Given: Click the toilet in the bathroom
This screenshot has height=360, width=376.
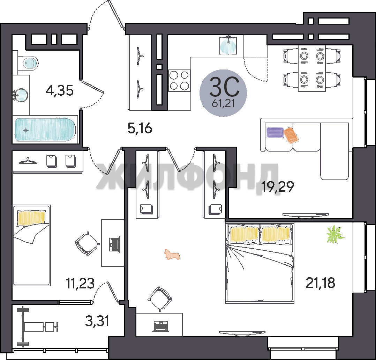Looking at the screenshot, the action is tap(28, 63).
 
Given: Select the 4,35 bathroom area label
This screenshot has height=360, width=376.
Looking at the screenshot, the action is tap(59, 91).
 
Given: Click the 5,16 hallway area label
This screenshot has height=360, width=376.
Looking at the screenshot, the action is tap(140, 128).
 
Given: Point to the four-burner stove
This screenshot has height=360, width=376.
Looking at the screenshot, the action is tap(179, 80).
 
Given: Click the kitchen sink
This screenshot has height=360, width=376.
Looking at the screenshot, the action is tap(228, 45).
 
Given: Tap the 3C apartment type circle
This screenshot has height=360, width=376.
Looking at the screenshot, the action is tap(223, 93).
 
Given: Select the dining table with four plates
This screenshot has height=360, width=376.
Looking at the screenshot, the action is tap(312, 68).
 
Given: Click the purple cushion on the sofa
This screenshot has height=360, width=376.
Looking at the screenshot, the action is tap(275, 132).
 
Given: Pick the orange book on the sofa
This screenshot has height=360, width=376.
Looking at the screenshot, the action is tap(291, 135).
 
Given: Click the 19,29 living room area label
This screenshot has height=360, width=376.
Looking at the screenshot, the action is tap(278, 186).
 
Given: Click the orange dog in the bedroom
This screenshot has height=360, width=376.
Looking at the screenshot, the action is tap(172, 255).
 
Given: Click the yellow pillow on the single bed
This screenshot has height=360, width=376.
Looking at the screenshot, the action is tap(31, 218).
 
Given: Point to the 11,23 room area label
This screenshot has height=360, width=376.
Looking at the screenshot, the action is tap(80, 284).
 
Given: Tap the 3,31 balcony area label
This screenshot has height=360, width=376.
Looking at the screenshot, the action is tap(97, 321).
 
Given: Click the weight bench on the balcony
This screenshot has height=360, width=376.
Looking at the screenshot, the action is tap(37, 326).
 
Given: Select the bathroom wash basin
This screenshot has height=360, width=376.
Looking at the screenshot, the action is tap(21, 95).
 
